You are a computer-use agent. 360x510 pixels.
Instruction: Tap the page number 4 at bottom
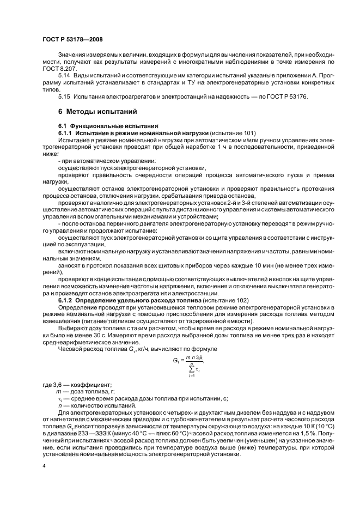pyautogui.click(x=44, y=466)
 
